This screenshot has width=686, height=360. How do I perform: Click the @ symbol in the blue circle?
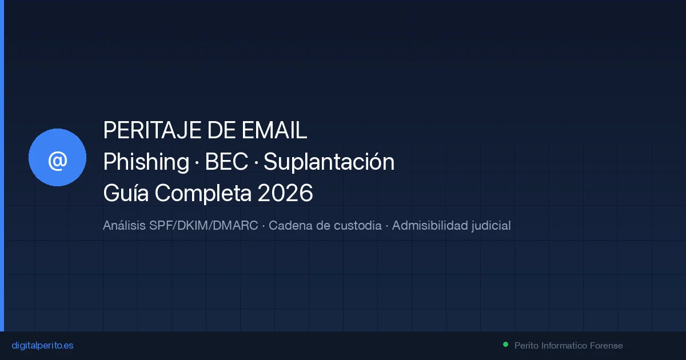click(x=57, y=161)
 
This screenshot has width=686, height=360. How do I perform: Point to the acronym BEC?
click(x=226, y=162)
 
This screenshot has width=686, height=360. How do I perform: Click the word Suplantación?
click(x=329, y=162)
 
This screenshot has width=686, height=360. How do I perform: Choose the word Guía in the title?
click(x=126, y=194)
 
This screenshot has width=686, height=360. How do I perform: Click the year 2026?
click(x=285, y=194)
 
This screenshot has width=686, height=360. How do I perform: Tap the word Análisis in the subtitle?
click(x=124, y=226)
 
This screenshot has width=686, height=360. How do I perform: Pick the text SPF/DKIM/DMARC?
click(x=204, y=226)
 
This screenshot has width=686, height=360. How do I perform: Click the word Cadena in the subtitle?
click(x=290, y=226)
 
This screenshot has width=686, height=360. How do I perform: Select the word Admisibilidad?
click(x=429, y=226)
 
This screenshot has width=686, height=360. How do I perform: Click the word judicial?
click(x=490, y=226)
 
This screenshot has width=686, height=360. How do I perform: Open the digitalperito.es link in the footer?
click(x=42, y=346)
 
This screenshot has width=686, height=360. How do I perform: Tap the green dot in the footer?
click(x=505, y=345)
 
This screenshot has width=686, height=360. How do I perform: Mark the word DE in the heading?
click(x=218, y=131)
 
